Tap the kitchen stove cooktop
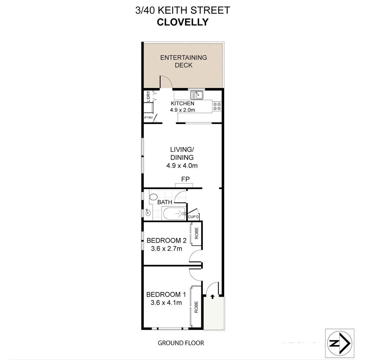[217, 106]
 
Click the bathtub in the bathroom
[174, 213]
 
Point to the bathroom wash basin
[148, 212]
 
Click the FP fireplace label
[185, 179]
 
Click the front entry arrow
[212, 296]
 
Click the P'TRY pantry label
[148, 118]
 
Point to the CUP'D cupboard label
[193, 217]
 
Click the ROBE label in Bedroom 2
[196, 233]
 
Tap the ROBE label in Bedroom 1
[196, 307]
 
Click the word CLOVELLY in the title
[182, 22]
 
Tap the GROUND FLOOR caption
[181, 343]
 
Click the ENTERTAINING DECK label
[183, 61]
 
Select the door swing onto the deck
[166, 82]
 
